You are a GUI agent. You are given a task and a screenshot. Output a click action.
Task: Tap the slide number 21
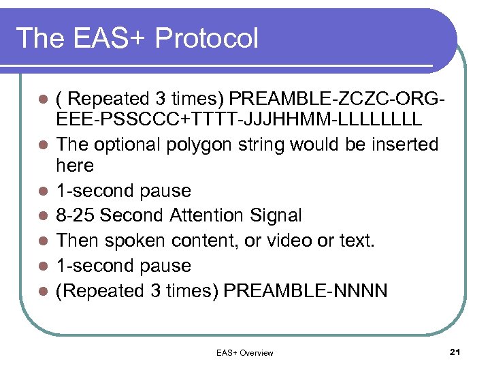pos(455,352)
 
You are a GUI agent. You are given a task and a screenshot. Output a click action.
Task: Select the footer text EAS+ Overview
pos(244,352)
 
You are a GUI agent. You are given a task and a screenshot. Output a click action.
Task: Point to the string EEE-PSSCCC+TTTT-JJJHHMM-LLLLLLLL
pos(239,120)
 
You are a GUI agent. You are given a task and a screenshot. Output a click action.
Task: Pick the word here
pos(75,166)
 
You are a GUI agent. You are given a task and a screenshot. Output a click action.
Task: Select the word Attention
pos(208,215)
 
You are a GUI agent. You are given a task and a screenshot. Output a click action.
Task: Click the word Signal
pos(276,215)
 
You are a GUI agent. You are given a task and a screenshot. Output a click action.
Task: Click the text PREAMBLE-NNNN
pos(306,291)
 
